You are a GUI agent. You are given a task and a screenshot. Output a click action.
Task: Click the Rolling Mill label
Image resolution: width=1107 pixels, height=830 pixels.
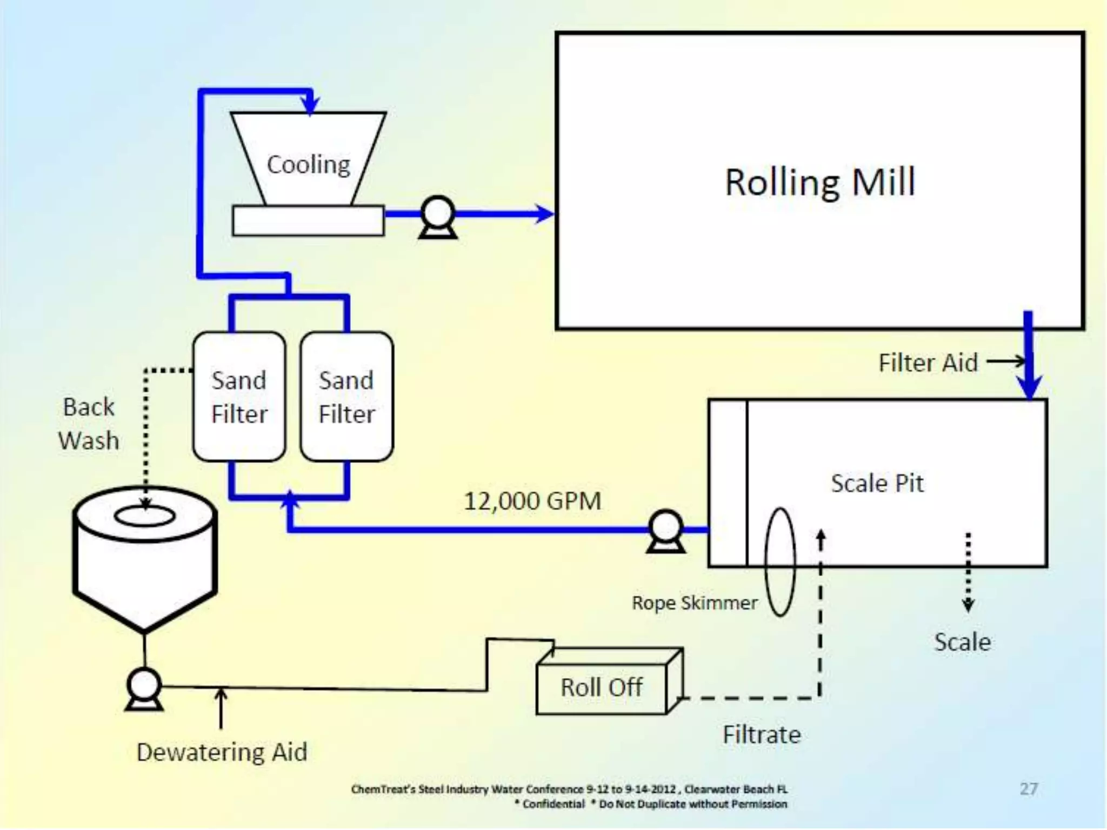[x=819, y=183]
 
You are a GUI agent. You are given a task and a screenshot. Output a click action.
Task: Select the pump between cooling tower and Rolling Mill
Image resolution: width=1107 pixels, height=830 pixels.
[x=438, y=216]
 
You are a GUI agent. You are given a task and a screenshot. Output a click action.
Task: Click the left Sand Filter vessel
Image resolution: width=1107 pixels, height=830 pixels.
[x=239, y=397]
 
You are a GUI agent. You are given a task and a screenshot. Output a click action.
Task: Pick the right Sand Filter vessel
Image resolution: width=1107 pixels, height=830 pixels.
[x=346, y=397]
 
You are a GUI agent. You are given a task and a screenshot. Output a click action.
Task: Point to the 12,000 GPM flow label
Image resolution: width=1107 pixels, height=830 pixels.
[x=532, y=501]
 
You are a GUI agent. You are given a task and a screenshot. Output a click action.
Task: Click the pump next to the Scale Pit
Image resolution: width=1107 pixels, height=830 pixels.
[x=666, y=531]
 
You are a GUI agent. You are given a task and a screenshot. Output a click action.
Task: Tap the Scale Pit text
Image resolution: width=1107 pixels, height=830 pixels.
[x=877, y=483]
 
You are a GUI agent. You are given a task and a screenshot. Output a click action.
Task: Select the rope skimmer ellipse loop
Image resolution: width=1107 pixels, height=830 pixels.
[x=779, y=562]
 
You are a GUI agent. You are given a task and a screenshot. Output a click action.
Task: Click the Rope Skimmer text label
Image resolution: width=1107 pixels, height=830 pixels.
[x=695, y=603]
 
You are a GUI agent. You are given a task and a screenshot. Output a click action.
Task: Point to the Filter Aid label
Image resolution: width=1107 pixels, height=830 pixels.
[x=928, y=363]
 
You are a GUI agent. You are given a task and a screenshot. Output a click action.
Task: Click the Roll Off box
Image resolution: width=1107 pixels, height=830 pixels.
[x=602, y=687]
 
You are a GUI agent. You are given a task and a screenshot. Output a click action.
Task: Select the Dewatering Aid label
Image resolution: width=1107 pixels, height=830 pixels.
[x=222, y=752]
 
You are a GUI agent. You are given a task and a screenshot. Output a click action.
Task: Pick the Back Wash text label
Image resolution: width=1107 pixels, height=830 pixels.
[x=89, y=424]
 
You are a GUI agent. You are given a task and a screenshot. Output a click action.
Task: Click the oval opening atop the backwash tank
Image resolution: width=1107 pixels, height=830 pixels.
[x=145, y=516]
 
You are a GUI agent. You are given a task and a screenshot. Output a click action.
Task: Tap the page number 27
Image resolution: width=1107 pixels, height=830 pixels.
[x=1029, y=789]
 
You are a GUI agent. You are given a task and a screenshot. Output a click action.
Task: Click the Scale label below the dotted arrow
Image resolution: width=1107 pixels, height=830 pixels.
[x=962, y=642]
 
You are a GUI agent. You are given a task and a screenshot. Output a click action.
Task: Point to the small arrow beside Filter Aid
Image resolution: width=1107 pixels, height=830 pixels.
[x=1005, y=361]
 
